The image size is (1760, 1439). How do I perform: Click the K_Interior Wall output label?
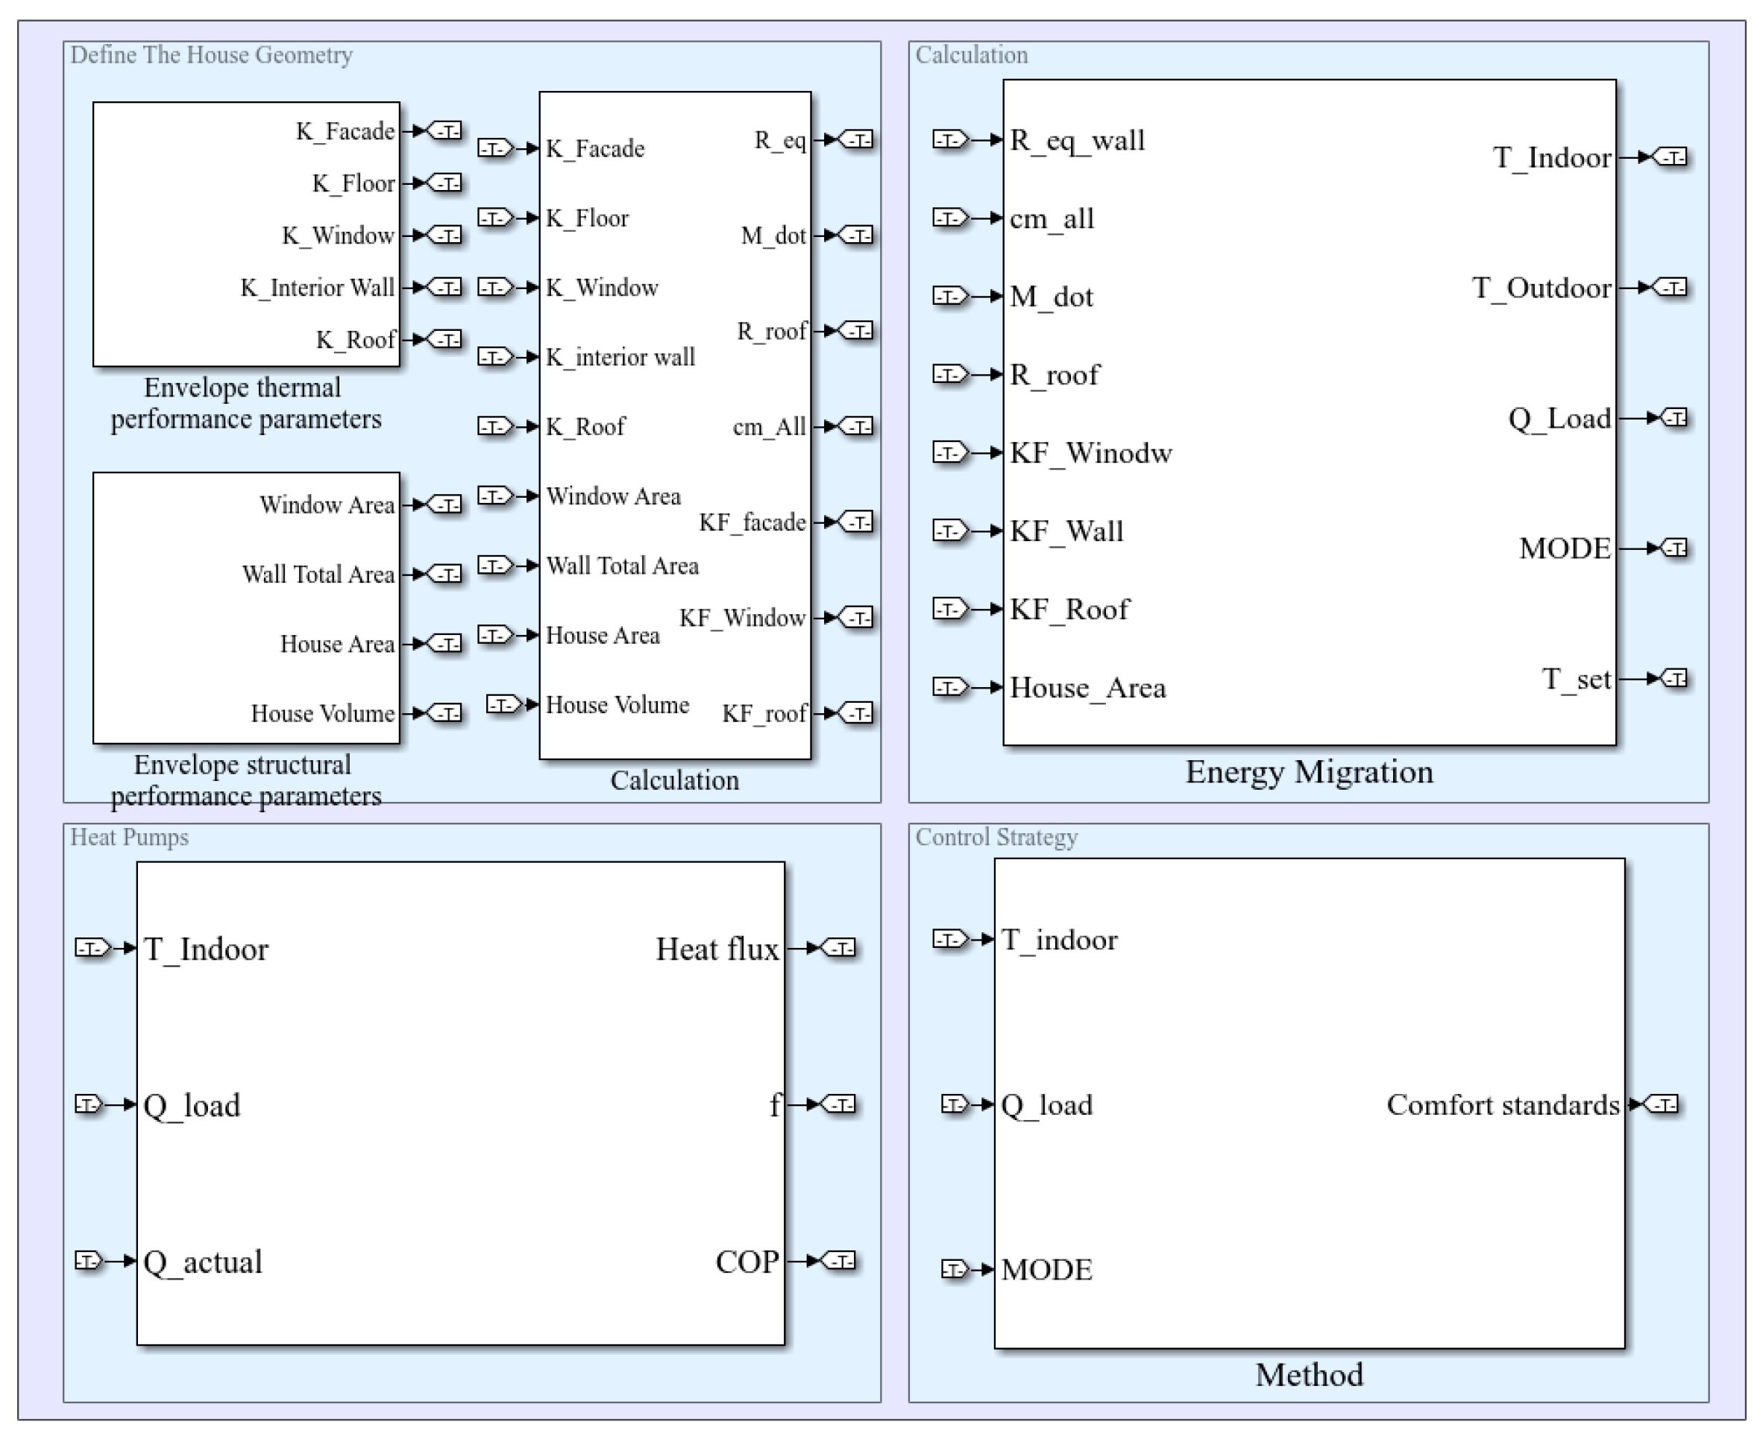point(317,288)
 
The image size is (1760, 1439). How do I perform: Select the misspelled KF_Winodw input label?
point(1090,453)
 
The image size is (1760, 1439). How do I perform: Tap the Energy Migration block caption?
point(1308,772)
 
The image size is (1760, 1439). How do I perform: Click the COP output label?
point(747,1262)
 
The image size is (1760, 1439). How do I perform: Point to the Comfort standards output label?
point(1502,1105)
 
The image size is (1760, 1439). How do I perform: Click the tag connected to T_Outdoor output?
point(1671,288)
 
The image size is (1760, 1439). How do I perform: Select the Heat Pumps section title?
point(129,837)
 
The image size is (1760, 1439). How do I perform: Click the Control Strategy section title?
point(996,837)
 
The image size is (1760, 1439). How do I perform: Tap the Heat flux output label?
point(717,949)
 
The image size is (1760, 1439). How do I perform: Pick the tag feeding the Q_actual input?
point(89,1261)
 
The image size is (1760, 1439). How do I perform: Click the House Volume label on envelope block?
point(323,714)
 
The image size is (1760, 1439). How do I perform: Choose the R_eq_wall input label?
point(1077,140)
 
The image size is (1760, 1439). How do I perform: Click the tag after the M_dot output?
point(857,235)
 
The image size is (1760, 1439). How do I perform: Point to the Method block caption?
point(1308,1375)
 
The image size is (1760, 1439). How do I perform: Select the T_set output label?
point(1575,679)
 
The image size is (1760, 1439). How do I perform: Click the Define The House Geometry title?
point(212,54)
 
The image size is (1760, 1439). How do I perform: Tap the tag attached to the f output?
point(840,1105)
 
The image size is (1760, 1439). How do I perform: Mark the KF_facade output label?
point(752,522)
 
